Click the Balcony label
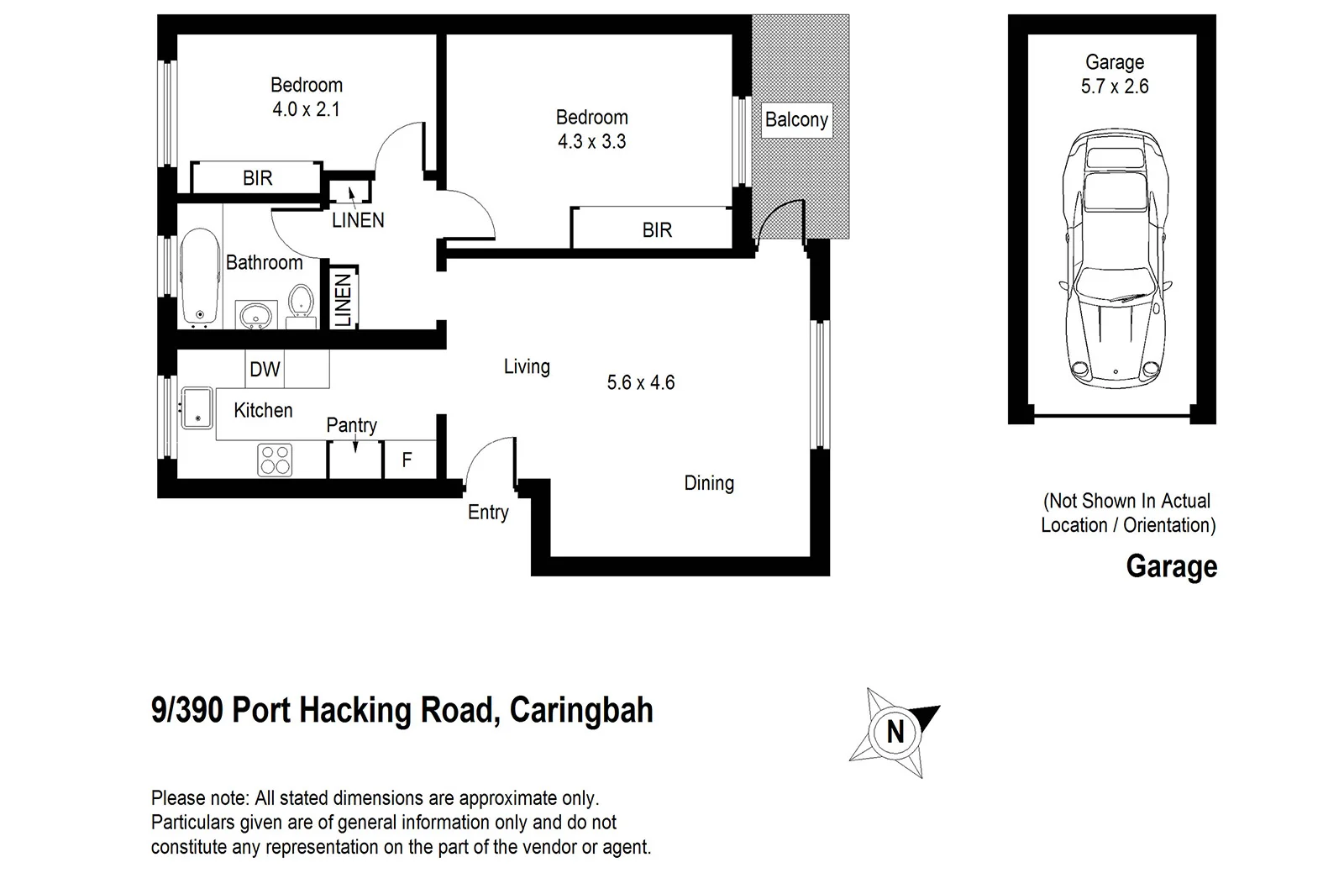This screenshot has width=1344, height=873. pyautogui.click(x=795, y=120)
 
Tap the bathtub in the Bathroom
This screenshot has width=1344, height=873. pyautogui.click(x=198, y=276)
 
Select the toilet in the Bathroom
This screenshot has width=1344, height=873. pyautogui.click(x=300, y=303)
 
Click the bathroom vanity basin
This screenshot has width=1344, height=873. pyautogui.click(x=255, y=315)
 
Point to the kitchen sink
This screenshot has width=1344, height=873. pyautogui.click(x=196, y=408)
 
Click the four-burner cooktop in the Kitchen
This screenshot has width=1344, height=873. pyautogui.click(x=275, y=460)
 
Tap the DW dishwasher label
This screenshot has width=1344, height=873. pyautogui.click(x=265, y=370)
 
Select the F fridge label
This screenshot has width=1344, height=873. pyautogui.click(x=407, y=460)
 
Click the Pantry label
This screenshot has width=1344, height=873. pyautogui.click(x=351, y=425)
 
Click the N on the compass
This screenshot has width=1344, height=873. pyautogui.click(x=895, y=732)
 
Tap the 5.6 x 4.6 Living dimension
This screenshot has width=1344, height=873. pyautogui.click(x=641, y=383)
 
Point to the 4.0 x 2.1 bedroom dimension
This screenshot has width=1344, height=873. pyautogui.click(x=306, y=109)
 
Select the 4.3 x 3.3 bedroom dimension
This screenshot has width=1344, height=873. pyautogui.click(x=591, y=142)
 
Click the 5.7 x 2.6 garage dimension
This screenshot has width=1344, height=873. pyautogui.click(x=1115, y=87)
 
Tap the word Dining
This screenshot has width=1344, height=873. pyautogui.click(x=709, y=483)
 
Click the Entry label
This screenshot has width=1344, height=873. pyautogui.click(x=488, y=513)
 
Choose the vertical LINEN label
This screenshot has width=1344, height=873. pyautogui.click(x=343, y=300)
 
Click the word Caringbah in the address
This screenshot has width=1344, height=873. pyautogui.click(x=581, y=711)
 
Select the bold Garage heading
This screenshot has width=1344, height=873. pyautogui.click(x=1171, y=566)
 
